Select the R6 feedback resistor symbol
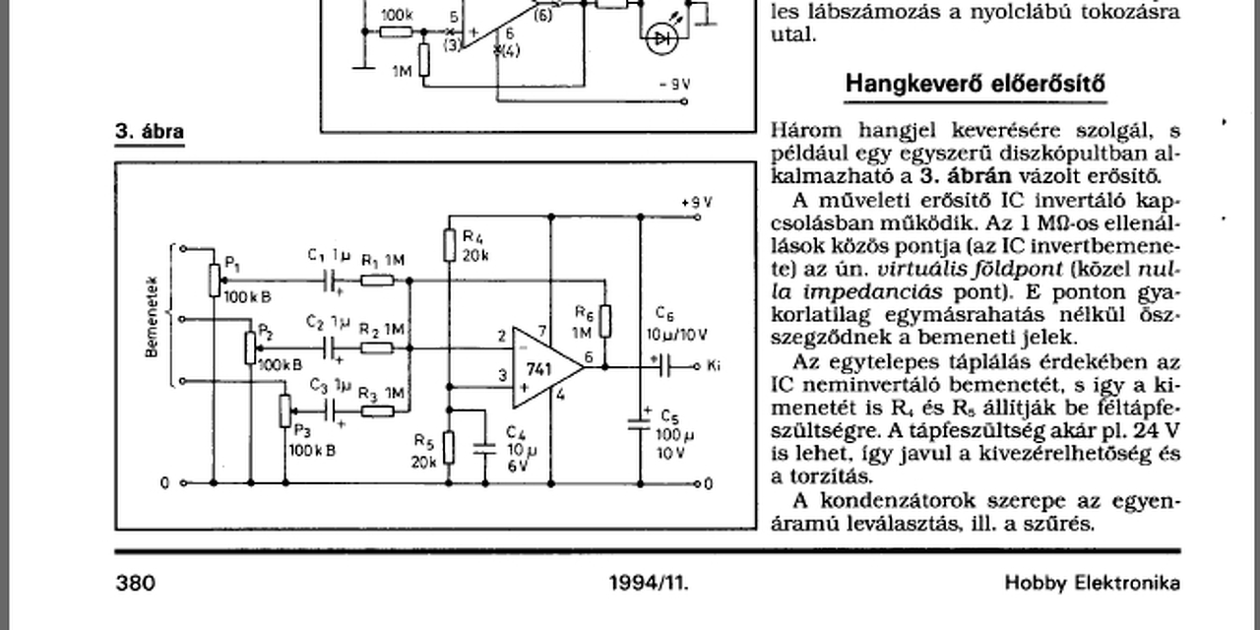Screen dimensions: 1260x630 point(605,321)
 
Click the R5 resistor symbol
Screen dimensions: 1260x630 point(449,447)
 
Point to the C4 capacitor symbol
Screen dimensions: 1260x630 point(484,446)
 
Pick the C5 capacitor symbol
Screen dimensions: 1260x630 point(642,423)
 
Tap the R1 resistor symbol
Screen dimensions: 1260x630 point(377,281)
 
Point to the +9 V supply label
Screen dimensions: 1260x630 point(696,202)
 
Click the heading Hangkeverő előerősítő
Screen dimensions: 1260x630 point(975,84)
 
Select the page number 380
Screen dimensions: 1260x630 point(136,583)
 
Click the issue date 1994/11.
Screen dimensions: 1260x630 point(649,583)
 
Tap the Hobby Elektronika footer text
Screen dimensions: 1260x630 point(1092,583)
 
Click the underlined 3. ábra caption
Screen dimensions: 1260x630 point(150,132)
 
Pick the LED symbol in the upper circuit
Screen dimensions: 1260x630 point(660,38)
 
